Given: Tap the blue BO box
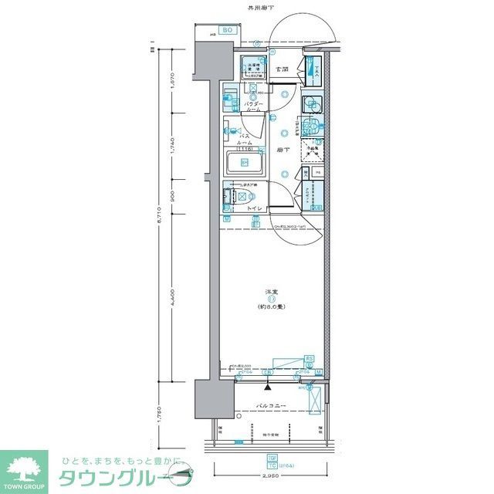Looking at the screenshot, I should pos(227,30).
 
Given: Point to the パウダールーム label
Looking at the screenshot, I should pos(255,107).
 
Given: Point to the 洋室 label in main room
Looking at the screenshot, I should pos(272,291).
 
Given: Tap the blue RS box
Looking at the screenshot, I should pos(310,358).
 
